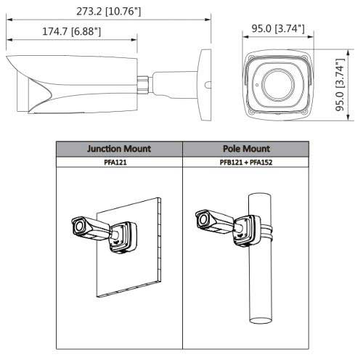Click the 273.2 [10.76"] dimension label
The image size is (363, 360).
(108, 12)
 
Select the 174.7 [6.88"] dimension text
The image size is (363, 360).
(71, 31)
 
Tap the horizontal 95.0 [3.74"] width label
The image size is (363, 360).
(278, 28)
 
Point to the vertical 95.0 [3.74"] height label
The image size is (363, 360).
(340, 85)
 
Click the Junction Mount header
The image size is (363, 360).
(119, 149)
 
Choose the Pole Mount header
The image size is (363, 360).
(246, 149)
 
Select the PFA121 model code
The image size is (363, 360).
(115, 162)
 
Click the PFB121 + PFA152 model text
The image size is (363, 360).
(246, 162)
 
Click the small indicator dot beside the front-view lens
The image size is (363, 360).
(257, 85)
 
